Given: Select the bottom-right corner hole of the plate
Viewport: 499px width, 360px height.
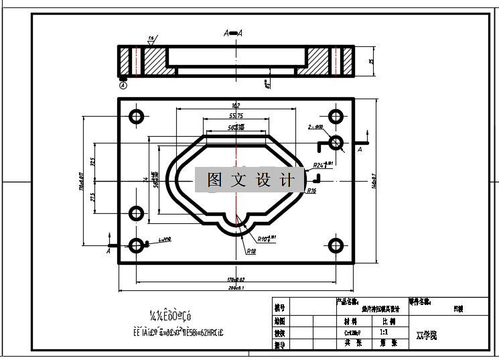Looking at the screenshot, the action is (x=336, y=245).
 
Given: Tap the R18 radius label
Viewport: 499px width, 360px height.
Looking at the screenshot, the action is (x=251, y=251).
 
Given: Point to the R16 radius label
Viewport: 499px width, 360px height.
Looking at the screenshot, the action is (x=311, y=191).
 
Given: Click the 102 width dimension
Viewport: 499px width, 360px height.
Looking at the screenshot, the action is (x=235, y=105).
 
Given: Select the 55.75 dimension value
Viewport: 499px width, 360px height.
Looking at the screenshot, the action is (x=236, y=116).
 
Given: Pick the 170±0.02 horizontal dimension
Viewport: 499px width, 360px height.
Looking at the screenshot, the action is (x=236, y=278).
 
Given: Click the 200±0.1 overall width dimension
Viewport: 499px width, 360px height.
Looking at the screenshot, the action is (x=236, y=288).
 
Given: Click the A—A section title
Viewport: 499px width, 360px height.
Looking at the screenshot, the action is (x=234, y=33).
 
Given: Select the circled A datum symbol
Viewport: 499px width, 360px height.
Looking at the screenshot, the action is (x=123, y=85).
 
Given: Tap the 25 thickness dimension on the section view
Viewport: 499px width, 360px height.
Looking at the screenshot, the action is (x=370, y=62).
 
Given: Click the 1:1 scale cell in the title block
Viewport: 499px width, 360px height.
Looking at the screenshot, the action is (x=384, y=332).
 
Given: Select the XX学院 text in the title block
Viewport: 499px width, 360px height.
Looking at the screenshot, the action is (x=426, y=334).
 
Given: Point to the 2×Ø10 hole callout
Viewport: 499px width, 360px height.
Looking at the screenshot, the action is (x=315, y=127).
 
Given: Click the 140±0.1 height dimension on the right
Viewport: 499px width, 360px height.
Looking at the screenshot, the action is (x=373, y=181).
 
